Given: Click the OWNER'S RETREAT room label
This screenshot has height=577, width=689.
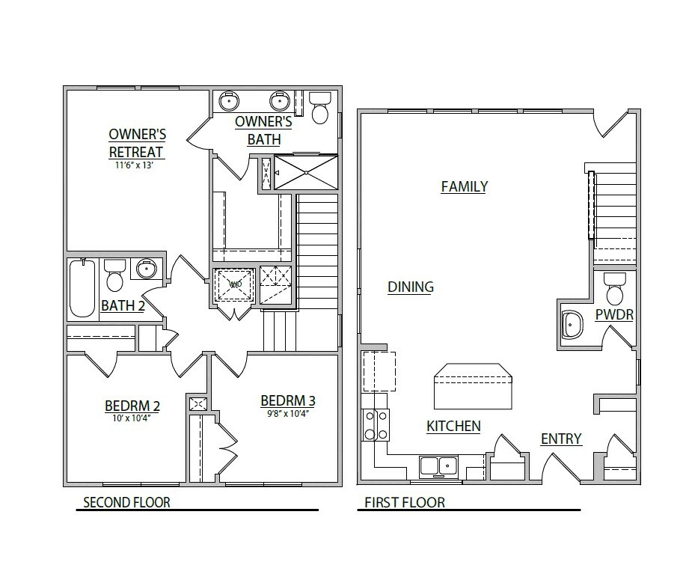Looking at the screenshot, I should [x=137, y=143].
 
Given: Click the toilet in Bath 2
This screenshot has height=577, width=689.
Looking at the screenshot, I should [x=114, y=276].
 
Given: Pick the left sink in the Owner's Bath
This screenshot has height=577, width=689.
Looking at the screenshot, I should [x=229, y=100].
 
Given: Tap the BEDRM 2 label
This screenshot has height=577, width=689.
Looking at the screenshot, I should [x=132, y=406].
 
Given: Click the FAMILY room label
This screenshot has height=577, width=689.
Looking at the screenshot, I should [x=464, y=186].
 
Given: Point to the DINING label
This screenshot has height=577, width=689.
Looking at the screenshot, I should [x=411, y=287].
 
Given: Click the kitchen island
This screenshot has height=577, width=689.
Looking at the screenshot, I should [x=474, y=385].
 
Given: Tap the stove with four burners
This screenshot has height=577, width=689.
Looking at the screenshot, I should [x=375, y=424].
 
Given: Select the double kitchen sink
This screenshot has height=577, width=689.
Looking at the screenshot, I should [x=438, y=465].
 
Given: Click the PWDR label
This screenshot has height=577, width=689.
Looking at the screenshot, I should [x=614, y=315].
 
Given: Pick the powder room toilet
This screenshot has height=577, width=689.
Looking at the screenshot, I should [x=615, y=289].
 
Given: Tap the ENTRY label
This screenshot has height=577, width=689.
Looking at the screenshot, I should [x=561, y=439].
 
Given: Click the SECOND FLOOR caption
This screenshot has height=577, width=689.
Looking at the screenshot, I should [x=126, y=502].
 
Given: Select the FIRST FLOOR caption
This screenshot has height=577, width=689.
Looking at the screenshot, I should [x=405, y=502].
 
